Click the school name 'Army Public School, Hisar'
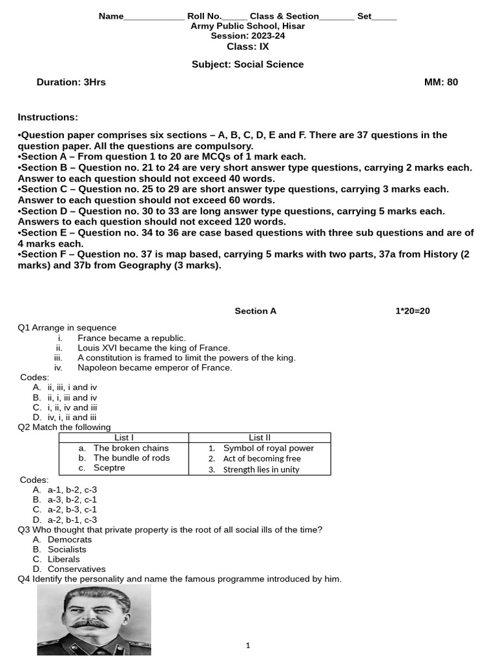point(247,26)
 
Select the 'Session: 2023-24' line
point(247,36)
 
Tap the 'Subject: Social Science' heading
point(247,65)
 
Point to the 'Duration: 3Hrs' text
point(71,82)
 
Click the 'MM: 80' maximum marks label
point(440,82)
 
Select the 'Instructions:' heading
point(48,117)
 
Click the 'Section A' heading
point(255,311)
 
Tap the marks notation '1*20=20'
point(412,311)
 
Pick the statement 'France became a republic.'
point(131,338)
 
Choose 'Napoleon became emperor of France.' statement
point(154,367)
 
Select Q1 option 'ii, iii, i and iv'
point(72,387)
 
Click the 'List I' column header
point(123,438)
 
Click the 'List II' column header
point(260,438)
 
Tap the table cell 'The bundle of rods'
point(132,458)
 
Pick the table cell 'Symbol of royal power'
point(268,448)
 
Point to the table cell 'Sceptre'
point(109,468)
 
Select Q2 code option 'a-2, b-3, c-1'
point(72,509)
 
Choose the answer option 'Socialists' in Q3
point(67,549)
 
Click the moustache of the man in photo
point(88,624)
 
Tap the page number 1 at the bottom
point(248,646)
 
